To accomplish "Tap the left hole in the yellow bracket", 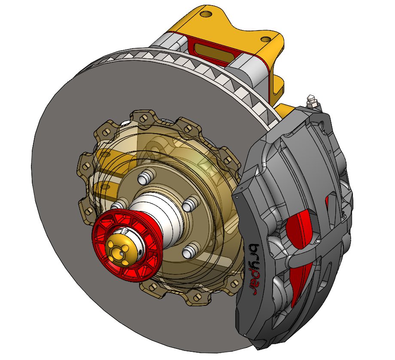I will point(206,14).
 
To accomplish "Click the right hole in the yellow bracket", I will point(267,39).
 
